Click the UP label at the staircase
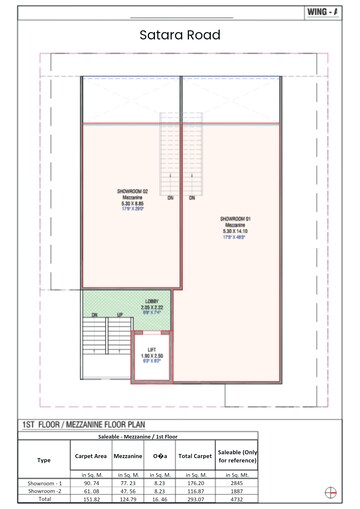pos(120,315)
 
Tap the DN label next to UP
pos(94,315)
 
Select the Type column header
pos(44,460)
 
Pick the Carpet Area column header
pos(84,457)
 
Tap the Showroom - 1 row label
pos(44,483)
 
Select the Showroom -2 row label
pos(44,492)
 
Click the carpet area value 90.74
pos(84,483)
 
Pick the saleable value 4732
pos(237,501)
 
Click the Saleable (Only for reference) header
pos(237,457)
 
